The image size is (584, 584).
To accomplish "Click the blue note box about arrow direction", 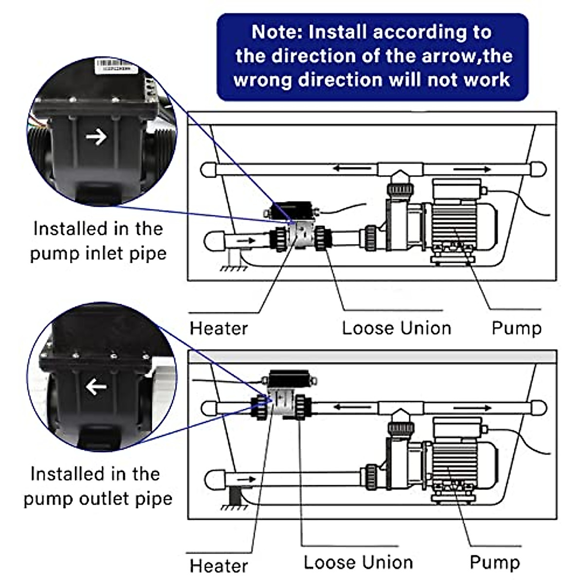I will [372, 57].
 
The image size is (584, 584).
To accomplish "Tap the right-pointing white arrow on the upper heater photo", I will [96, 137].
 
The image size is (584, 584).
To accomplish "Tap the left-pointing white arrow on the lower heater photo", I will [96, 387].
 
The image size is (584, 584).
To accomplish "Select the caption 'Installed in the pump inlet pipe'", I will [98, 241].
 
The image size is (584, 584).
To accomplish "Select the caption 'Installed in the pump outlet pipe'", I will [97, 486].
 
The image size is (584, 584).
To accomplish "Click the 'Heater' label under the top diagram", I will [219, 328].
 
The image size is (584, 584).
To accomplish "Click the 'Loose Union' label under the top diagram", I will [397, 328].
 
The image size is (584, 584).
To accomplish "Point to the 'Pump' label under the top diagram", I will [516, 328].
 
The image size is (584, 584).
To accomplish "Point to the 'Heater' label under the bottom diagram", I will [219, 566].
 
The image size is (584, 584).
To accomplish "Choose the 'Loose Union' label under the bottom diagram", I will [358, 563].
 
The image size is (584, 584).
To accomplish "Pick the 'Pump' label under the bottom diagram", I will [494, 563].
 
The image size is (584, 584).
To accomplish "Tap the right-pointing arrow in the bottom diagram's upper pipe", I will [472, 407].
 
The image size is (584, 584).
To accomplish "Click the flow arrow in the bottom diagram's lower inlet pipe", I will [246, 479].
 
